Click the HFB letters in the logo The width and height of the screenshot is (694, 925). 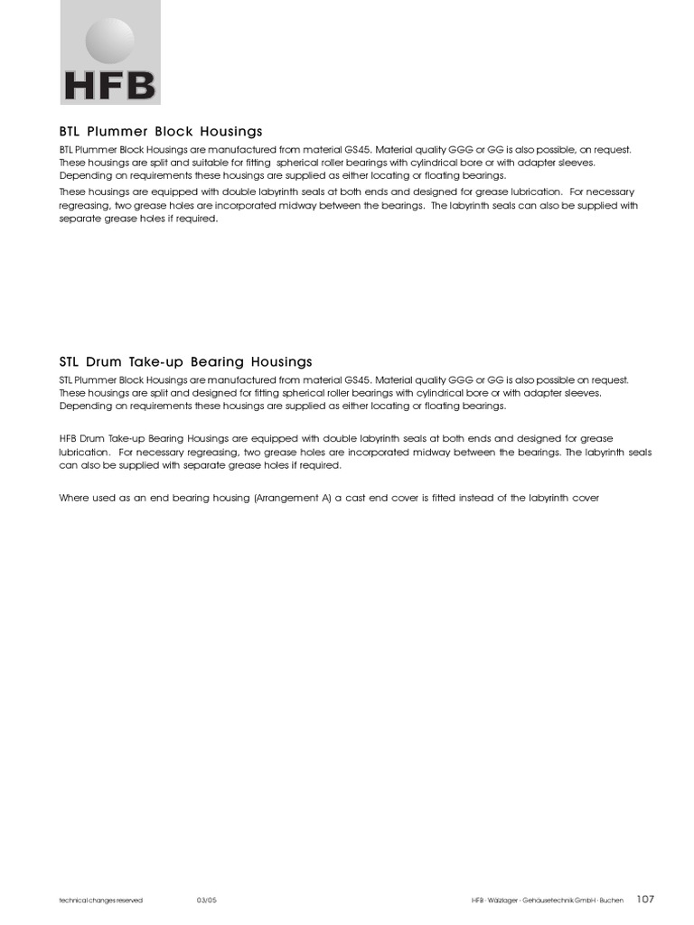tap(110, 86)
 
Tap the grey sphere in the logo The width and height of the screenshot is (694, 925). tap(109, 42)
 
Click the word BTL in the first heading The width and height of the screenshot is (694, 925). tap(70, 131)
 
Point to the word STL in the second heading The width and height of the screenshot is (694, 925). tap(70, 362)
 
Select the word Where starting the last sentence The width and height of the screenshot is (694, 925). tap(73, 498)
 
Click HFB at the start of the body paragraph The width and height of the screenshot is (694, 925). tap(69, 438)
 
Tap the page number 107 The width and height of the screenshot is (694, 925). tap(645, 899)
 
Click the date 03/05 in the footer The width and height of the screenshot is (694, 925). tap(207, 900)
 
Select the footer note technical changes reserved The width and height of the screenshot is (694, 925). tap(100, 900)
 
